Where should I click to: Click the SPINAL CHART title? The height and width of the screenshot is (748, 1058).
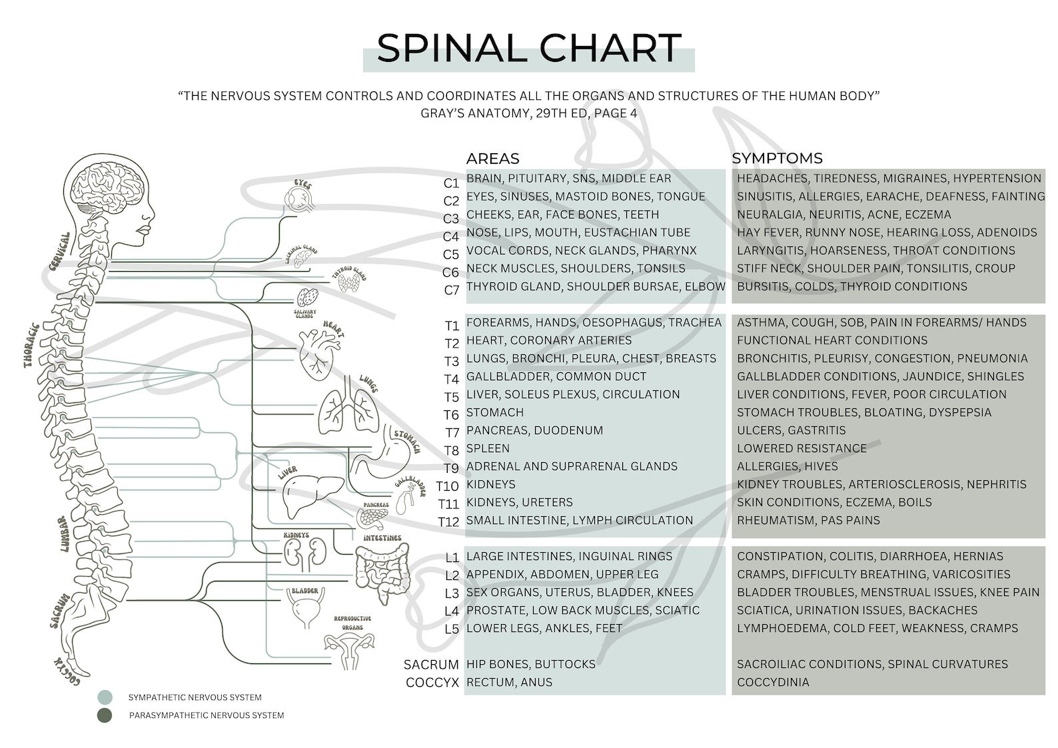point(528,49)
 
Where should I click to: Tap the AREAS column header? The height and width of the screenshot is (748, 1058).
point(492,159)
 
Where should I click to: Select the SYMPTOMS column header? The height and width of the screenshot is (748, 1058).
point(777,159)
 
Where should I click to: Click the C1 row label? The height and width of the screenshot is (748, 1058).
point(451,183)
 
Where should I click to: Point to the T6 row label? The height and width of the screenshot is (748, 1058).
point(451,415)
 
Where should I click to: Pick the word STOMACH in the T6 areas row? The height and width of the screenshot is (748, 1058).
point(494,412)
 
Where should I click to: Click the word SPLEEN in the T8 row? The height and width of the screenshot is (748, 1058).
point(488,448)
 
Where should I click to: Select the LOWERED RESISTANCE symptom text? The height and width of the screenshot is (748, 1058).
point(801,448)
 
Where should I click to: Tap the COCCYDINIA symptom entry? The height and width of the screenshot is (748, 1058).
point(773,682)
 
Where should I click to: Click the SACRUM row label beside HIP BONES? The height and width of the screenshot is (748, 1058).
point(431,665)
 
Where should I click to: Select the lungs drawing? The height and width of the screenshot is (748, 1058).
point(348,406)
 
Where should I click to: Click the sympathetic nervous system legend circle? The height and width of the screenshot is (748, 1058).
point(105,697)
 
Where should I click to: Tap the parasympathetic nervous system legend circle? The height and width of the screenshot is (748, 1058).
point(105,715)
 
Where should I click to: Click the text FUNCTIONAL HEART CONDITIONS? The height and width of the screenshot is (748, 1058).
point(832,340)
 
